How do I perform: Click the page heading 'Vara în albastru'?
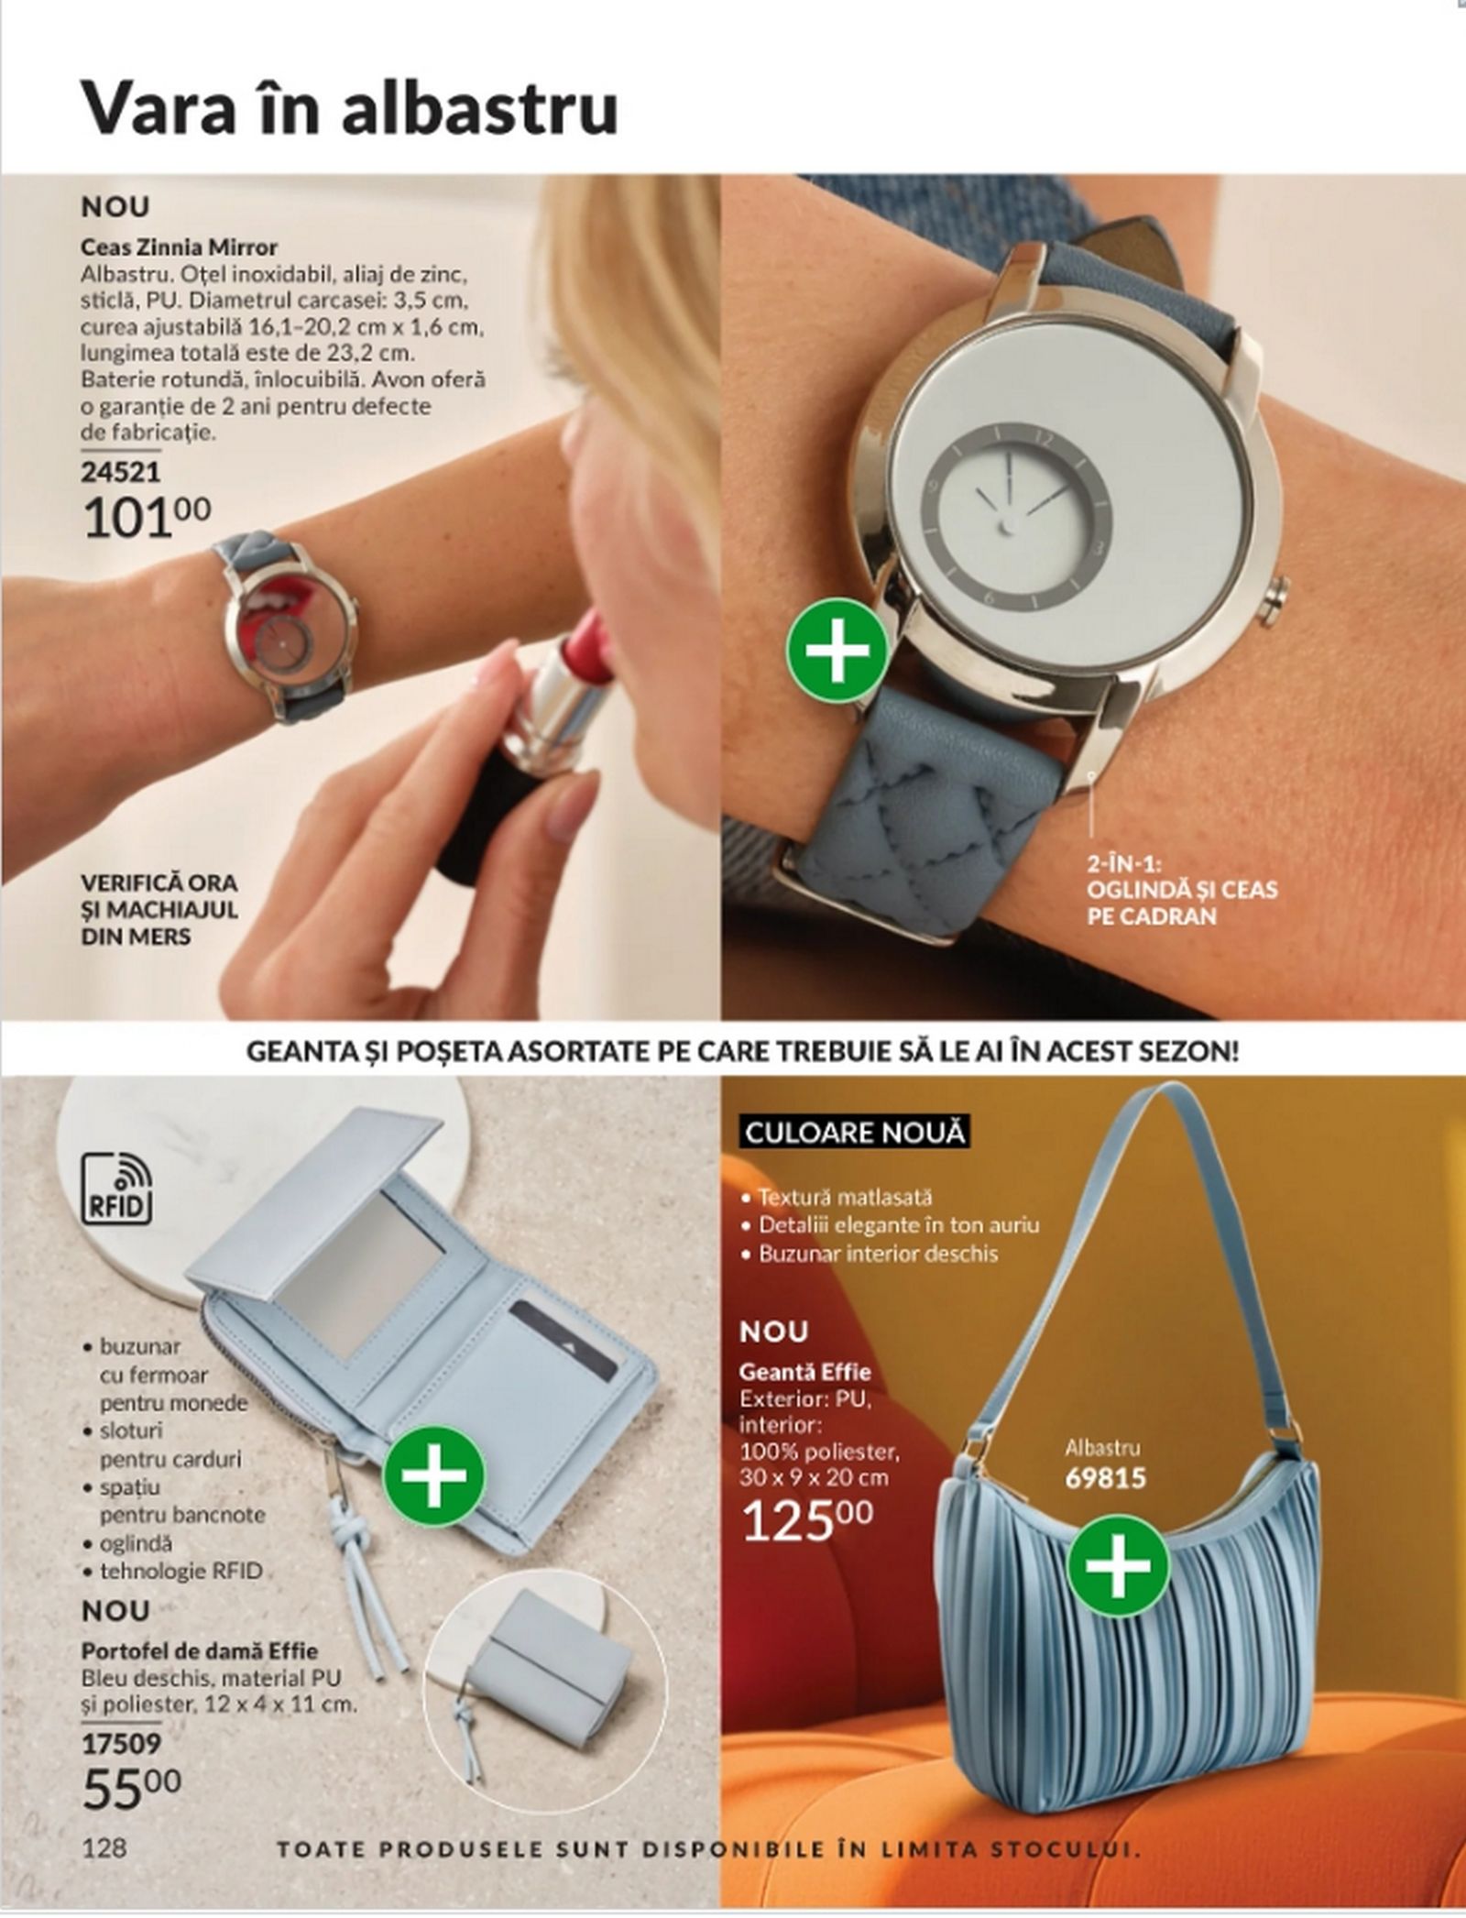click(350, 108)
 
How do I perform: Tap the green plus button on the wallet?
click(433, 1475)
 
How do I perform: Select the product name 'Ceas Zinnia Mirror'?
click(180, 247)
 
